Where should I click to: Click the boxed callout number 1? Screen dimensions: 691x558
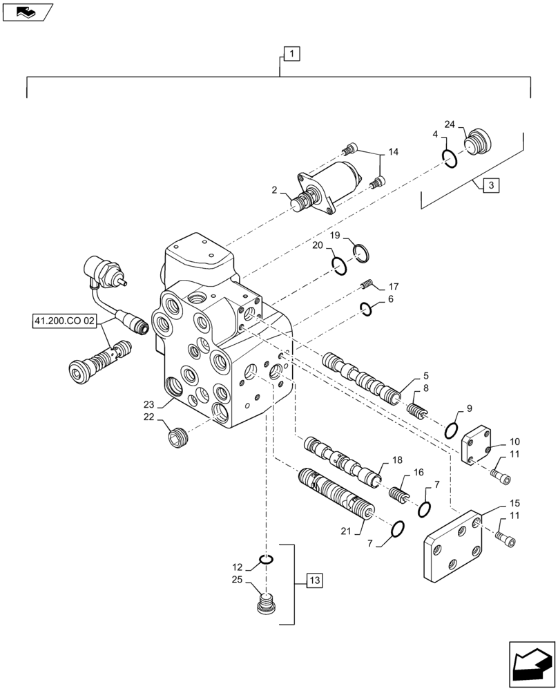click(x=291, y=53)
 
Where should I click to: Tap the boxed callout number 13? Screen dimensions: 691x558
click(x=313, y=580)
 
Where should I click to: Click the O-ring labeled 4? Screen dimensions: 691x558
click(x=450, y=160)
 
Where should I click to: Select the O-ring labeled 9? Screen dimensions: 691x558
click(x=451, y=430)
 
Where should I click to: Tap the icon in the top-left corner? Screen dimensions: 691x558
click(x=27, y=10)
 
